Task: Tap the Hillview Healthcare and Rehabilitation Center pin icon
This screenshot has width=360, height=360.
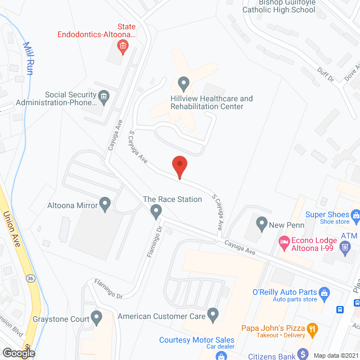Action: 183,84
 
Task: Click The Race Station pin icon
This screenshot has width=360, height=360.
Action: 156,211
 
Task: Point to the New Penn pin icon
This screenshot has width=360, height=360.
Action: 261,224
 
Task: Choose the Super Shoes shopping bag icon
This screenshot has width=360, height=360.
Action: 355,214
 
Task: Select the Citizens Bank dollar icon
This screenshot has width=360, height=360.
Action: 303,354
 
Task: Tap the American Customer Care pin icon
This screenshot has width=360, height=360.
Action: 213,316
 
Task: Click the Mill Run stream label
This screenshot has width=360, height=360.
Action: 28,58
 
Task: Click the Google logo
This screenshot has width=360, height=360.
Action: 18,353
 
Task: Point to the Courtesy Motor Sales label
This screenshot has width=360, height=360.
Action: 197,340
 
